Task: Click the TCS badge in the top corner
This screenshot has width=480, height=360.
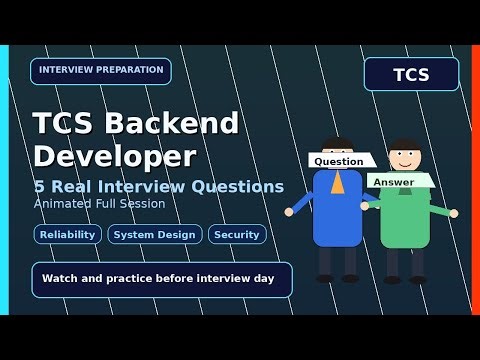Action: click(411, 74)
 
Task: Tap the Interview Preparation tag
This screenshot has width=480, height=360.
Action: click(101, 71)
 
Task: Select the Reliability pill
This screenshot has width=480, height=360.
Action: click(68, 234)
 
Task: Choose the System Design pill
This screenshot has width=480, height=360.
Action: click(155, 234)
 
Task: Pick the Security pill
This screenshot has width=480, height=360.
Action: click(237, 234)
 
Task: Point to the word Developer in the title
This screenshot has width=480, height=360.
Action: click(115, 155)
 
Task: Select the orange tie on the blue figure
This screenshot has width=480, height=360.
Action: click(338, 182)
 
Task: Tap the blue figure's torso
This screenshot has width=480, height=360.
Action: click(338, 210)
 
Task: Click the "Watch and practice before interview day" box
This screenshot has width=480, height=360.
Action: click(161, 279)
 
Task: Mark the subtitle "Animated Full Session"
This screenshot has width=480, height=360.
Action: click(99, 204)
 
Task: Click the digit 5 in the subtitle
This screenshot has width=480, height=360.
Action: click(39, 187)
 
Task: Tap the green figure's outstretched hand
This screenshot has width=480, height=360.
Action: click(453, 213)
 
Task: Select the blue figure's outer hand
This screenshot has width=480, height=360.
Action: click(289, 212)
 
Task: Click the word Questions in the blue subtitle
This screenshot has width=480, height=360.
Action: click(239, 187)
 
